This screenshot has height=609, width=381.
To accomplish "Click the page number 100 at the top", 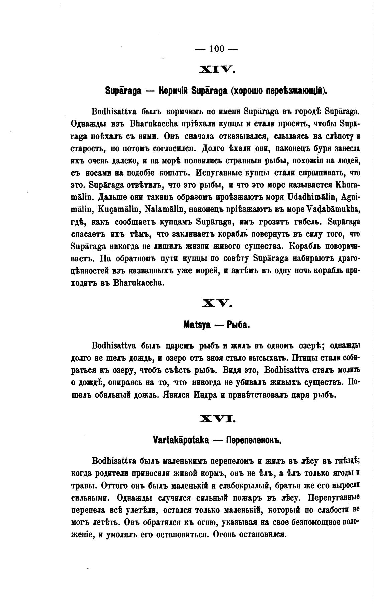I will [217, 49].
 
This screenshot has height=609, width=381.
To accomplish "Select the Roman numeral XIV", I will [217, 70].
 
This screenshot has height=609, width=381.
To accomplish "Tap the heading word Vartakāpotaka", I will [180, 440].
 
